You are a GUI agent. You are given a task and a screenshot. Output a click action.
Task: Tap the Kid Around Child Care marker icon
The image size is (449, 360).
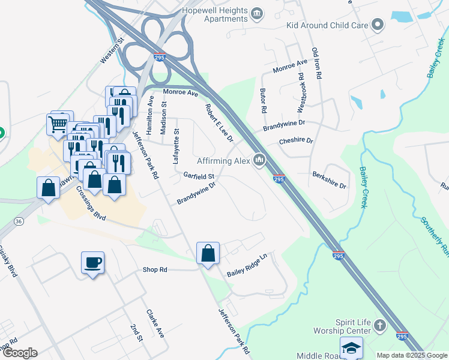378,25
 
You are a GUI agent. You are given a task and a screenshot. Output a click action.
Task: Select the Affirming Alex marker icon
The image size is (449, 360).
259,160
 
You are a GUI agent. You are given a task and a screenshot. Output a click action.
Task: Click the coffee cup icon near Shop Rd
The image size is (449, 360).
92,263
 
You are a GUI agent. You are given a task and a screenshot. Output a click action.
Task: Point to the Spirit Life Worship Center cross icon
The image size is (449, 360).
379,326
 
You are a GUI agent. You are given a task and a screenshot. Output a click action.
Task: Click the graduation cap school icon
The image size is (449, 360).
351,348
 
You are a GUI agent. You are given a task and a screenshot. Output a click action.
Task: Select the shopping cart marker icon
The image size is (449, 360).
58,124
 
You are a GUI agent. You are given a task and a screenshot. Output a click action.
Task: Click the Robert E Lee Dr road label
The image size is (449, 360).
218,122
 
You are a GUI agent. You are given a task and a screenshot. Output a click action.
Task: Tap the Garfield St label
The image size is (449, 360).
199,176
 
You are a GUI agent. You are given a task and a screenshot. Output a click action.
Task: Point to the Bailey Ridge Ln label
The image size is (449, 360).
246,269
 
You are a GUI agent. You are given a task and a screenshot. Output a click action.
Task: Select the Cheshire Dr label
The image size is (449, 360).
296,141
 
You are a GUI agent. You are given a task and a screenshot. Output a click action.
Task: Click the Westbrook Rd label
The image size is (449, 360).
301,92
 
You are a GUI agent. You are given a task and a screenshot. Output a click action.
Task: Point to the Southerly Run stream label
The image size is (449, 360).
432,235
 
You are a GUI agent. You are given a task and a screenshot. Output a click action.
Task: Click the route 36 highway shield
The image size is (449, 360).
19,221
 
